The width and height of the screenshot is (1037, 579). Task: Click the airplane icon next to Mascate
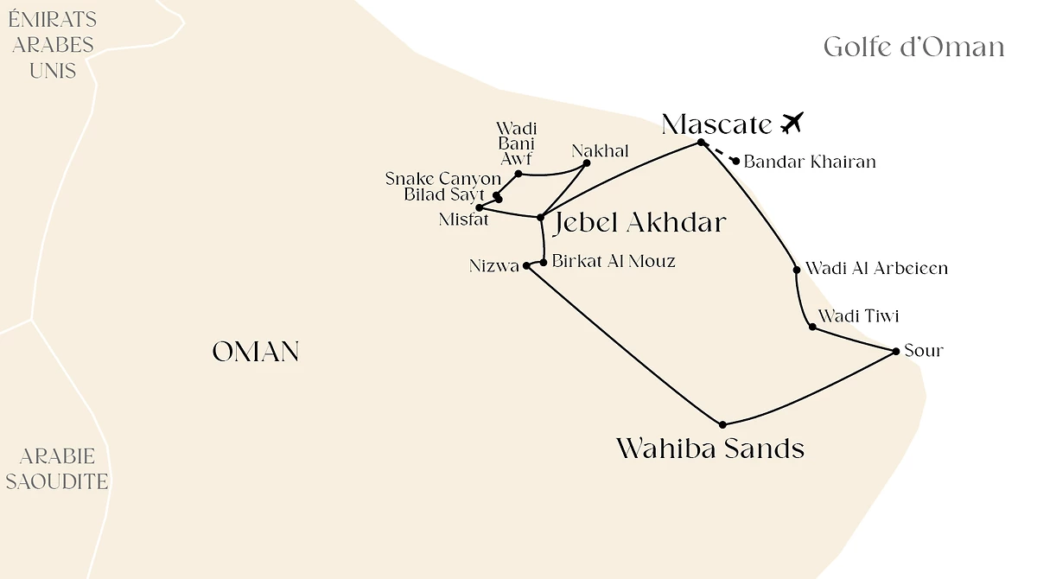coord(792,123)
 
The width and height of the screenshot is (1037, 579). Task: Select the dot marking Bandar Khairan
coord(735,161)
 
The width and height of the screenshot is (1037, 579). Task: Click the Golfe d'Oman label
coord(913,47)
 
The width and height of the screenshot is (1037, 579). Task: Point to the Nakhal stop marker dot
coord(587,162)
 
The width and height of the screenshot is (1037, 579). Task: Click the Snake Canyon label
coord(442,179)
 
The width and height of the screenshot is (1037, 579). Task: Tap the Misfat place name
coord(463,220)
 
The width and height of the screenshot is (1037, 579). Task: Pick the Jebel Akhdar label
coord(639,223)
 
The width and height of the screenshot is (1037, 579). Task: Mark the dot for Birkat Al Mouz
coord(544,262)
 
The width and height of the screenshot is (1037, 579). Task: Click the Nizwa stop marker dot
coord(526,266)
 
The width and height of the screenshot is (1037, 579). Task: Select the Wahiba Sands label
coord(709,449)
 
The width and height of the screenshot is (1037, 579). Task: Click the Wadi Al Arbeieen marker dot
coord(797,270)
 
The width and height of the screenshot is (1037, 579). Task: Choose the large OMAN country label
coord(256,352)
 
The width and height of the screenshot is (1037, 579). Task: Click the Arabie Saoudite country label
coord(57,469)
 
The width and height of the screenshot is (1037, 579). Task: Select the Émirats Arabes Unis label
coord(52,45)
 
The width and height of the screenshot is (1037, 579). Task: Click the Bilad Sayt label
coord(444,194)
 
